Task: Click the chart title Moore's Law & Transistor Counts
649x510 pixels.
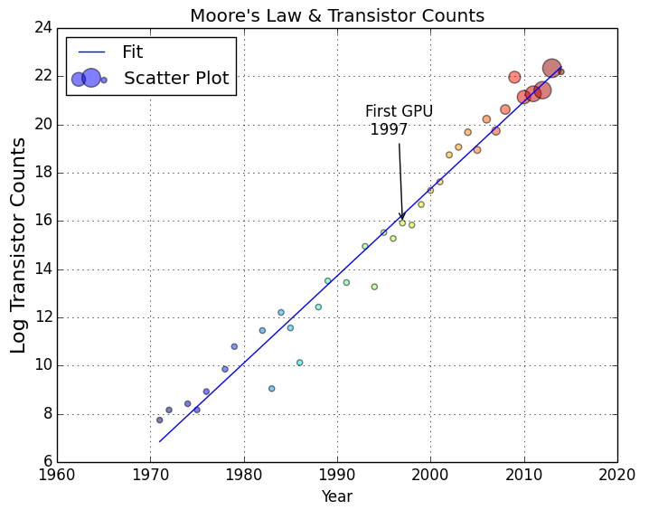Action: (336, 16)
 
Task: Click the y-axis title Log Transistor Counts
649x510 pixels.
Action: (17, 244)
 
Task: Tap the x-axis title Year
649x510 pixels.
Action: (336, 496)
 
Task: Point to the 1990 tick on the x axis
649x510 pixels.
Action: (337, 462)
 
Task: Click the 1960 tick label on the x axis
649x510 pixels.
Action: (58, 475)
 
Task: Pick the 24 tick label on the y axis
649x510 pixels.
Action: (41, 27)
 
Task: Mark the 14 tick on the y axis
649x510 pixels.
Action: (58, 269)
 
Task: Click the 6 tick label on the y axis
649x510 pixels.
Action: (46, 462)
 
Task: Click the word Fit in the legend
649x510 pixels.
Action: (132, 52)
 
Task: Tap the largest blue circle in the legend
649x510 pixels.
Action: (91, 79)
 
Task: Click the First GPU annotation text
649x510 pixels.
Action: (399, 111)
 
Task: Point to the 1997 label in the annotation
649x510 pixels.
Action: (389, 129)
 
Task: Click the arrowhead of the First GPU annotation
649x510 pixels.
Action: (402, 218)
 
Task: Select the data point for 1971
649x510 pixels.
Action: (160, 420)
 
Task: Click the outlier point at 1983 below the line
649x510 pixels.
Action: (271, 389)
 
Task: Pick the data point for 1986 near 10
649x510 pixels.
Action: (299, 363)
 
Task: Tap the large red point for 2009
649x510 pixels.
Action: (514, 78)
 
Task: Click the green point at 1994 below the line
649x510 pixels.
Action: (374, 287)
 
